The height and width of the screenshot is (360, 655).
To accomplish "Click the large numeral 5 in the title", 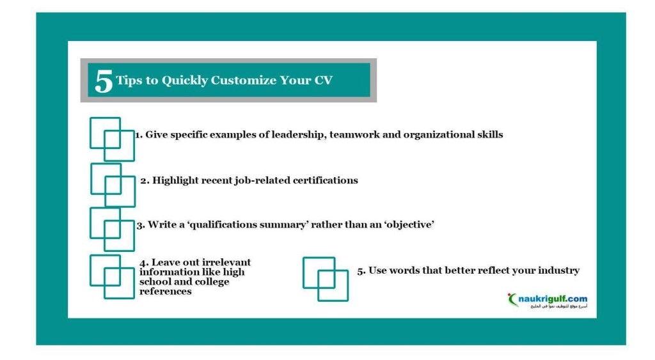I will click(104, 81).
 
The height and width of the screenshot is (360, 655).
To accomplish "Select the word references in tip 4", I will click(166, 292).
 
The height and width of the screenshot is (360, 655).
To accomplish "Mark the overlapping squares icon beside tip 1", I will click(112, 139).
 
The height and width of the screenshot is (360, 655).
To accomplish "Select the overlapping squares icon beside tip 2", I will click(113, 185).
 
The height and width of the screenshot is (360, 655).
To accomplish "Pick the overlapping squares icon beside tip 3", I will click(112, 229).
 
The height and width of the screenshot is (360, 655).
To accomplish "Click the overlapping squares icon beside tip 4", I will click(112, 276).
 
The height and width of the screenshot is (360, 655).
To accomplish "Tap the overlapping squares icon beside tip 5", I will click(326, 279).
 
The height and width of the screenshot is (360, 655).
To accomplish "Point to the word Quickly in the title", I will click(185, 81).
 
